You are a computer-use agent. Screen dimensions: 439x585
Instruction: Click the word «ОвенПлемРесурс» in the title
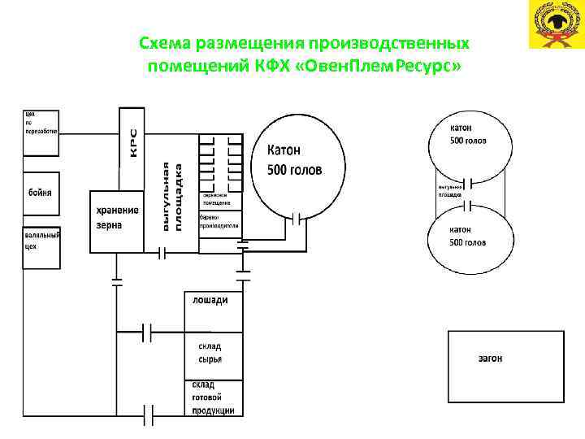tap(392, 65)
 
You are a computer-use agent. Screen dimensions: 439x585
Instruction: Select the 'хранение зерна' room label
tap(118, 217)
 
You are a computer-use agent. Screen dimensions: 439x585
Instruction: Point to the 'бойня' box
tap(41, 193)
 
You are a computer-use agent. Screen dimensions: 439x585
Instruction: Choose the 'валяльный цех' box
tap(41, 241)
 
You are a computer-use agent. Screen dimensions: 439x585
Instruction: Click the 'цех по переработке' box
tap(41, 130)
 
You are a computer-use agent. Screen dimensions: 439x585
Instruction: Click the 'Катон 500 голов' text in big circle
tap(294, 160)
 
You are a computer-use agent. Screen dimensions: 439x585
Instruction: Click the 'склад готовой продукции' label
tap(214, 398)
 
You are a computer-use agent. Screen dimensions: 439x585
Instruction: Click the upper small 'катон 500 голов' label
tap(468, 134)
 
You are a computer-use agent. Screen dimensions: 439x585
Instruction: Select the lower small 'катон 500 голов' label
tap(469, 236)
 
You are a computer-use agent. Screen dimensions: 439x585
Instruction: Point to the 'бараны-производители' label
tap(219, 221)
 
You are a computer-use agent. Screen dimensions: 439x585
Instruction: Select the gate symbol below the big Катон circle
tap(298, 218)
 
